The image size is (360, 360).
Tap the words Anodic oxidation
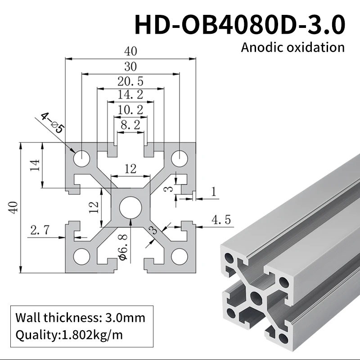[292, 47]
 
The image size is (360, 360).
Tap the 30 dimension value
[130, 67]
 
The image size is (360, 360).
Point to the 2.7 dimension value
[40, 231]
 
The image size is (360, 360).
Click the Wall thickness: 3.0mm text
[81, 318]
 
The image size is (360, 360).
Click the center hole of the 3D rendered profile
[256, 297]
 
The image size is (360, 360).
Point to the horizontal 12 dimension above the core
[130, 169]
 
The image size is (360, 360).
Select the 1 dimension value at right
[213, 192]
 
